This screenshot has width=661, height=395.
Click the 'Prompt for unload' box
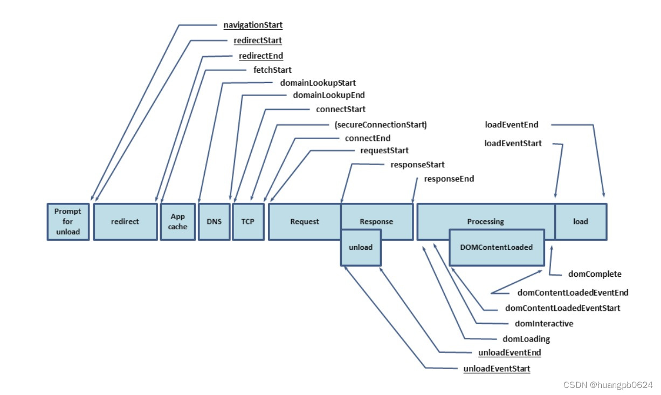(x=68, y=222)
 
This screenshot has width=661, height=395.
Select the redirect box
(x=126, y=222)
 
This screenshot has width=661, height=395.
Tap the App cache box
(x=177, y=222)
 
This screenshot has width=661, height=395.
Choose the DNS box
(x=214, y=222)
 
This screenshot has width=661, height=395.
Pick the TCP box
(x=248, y=222)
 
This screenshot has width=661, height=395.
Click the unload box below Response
(x=361, y=247)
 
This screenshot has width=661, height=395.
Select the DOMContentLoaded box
(x=497, y=247)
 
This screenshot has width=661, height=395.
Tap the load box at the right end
(x=581, y=222)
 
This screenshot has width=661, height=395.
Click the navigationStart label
(x=253, y=25)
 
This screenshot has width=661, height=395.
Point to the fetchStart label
(x=272, y=70)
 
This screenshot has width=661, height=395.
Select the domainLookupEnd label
(x=329, y=95)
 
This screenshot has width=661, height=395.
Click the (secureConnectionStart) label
(x=381, y=125)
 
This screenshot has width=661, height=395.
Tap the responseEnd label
(x=449, y=179)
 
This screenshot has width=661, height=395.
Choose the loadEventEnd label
(x=512, y=125)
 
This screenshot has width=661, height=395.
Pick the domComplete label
(x=595, y=274)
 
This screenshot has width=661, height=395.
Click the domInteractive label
(x=544, y=324)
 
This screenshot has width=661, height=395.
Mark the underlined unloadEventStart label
(x=497, y=369)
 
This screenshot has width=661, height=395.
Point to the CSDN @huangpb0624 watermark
(x=608, y=385)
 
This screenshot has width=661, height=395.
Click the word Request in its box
(x=305, y=222)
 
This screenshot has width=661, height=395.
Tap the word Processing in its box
(x=485, y=222)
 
